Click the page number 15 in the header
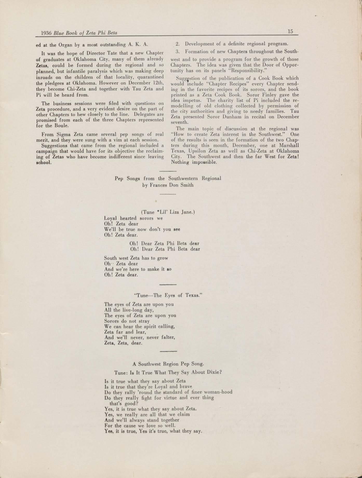(290, 31)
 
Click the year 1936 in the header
(47, 33)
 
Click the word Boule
(61, 126)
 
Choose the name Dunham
(232, 117)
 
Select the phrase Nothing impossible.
(194, 162)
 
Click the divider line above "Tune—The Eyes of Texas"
(168, 285)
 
